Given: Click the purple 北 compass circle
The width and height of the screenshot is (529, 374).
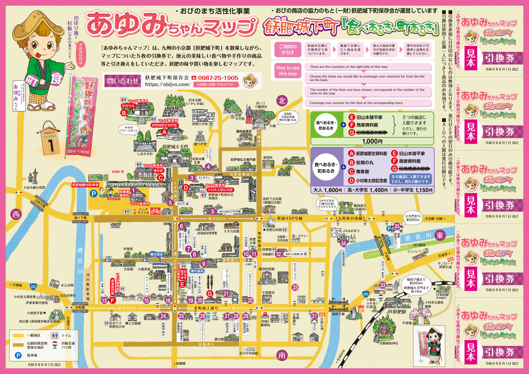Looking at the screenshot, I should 282,101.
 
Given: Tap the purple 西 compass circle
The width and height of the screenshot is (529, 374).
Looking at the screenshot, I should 16,215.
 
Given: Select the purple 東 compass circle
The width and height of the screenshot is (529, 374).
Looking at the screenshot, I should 439,236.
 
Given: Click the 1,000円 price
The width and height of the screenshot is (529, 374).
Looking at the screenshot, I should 373,142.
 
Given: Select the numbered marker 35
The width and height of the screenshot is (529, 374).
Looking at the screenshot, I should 397,226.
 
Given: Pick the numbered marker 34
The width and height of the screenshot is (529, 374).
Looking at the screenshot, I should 343,243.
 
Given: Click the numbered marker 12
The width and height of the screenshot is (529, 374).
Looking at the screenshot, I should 278,254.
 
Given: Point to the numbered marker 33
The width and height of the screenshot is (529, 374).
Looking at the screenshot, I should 383,285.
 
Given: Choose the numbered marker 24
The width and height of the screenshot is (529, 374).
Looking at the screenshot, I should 163,315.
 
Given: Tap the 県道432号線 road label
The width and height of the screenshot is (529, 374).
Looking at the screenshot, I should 290,218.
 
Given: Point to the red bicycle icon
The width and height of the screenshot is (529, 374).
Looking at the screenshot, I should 155,211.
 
